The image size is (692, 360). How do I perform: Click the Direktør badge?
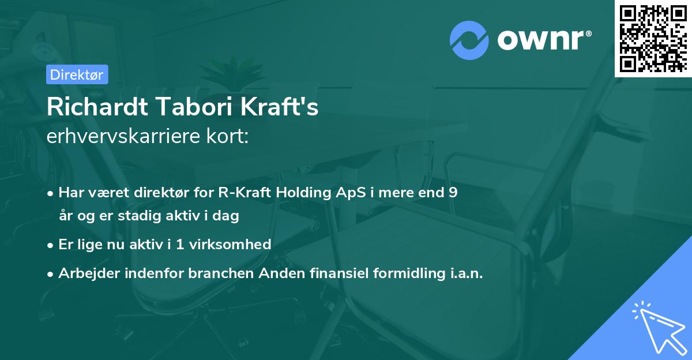point(77,74)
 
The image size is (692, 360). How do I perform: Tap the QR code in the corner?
point(653,39)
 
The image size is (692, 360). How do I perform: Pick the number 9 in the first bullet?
point(453,193)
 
